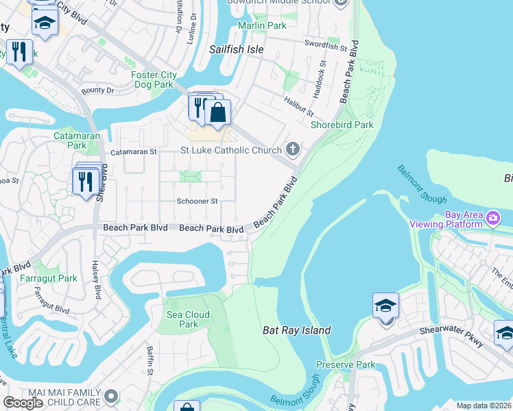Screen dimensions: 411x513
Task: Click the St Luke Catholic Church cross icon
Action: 293,149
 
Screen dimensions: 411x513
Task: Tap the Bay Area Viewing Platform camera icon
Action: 492,219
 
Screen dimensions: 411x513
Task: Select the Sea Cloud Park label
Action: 188,319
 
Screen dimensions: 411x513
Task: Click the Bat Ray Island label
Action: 297,330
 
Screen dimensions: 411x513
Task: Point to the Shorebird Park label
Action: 342,125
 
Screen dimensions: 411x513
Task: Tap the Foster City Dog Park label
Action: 154,80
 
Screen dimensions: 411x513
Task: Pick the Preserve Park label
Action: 346,365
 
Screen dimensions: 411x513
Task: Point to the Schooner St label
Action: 197,201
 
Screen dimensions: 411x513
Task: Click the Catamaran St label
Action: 134,151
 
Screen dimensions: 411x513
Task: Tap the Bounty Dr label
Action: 97,90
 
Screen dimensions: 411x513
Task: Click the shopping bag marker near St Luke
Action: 217,112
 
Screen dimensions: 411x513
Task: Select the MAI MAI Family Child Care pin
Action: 112,397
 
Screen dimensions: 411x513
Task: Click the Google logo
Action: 23,402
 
